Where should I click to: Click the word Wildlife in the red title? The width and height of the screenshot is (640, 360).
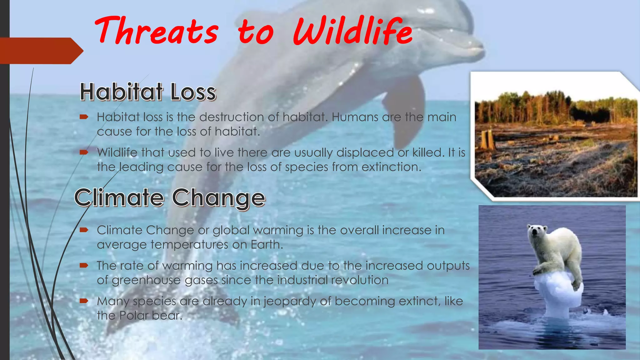pos(352,31)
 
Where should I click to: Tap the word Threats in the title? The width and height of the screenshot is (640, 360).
pos(156,31)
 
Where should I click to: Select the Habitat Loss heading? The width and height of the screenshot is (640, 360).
pos(148,92)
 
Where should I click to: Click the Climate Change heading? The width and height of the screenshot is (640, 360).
pos(170,197)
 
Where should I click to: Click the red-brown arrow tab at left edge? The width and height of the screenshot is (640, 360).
pos(41,51)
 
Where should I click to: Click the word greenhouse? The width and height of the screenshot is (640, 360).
pos(146,280)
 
